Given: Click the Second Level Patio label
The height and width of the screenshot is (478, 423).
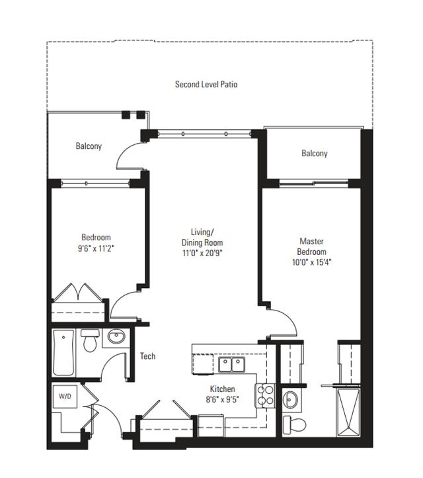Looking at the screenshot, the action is click(206, 85).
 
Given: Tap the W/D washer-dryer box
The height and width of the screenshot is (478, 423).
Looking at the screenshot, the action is click(65, 397).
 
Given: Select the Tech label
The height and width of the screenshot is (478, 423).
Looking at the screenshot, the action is click(147, 356).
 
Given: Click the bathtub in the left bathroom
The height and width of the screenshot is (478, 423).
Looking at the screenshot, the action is click(63, 353).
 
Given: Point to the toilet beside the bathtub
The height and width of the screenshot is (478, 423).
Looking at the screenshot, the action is click(90, 340).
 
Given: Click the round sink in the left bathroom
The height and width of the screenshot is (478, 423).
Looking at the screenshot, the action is click(116, 337).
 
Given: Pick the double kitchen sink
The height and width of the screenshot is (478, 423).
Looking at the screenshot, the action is click(231, 365).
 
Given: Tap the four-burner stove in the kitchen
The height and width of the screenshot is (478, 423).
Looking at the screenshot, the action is click(265, 396).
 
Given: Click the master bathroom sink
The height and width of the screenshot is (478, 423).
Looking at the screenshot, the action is click(290, 400).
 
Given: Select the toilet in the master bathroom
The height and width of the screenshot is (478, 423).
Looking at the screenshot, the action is click(294, 424).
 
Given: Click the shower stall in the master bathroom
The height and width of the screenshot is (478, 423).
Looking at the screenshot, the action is click(348, 412).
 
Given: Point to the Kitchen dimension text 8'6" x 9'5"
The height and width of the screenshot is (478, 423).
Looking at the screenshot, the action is click(223, 399).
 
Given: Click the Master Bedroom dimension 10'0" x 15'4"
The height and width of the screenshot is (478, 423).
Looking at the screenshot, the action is click(311, 262).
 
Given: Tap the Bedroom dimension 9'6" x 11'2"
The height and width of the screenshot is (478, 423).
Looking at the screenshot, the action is click(96, 248).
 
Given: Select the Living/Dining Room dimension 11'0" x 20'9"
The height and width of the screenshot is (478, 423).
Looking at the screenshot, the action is click(202, 253).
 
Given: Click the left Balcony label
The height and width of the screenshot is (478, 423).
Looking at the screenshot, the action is click(89, 146).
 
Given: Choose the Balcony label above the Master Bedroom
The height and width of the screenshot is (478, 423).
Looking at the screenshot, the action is click(315, 153).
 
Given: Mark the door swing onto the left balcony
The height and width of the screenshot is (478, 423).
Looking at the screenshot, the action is click(124, 151).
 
